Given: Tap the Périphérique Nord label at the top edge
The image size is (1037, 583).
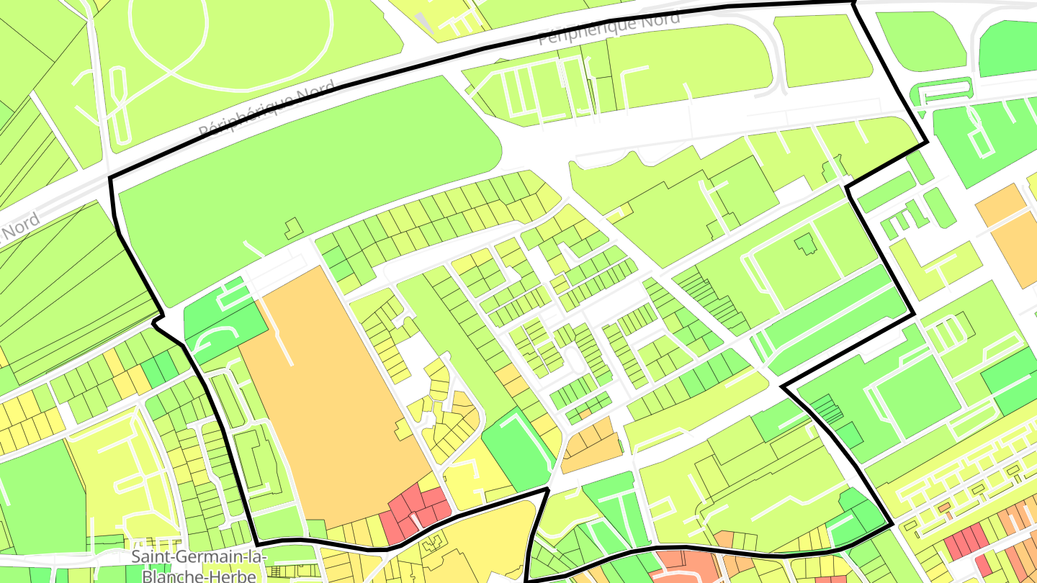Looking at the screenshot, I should click(x=609, y=29).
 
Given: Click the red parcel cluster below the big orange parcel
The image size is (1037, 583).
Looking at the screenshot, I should click(x=416, y=512).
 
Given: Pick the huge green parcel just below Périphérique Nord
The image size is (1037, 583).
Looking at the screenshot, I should click(x=302, y=173).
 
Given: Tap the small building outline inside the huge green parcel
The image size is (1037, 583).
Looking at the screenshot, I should click(x=293, y=229).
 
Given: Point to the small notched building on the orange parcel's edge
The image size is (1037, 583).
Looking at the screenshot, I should click(x=401, y=430).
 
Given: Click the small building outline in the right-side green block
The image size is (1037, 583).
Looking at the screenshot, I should click(x=805, y=245).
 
